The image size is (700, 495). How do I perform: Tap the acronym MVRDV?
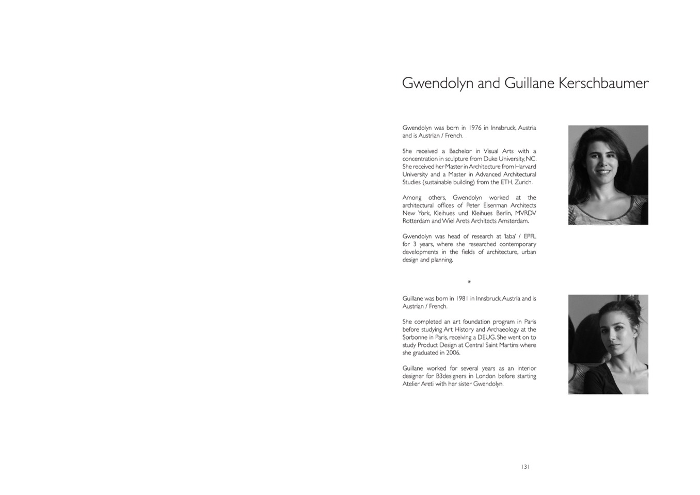click(526, 213)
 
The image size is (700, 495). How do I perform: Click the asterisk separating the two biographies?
click(469, 282)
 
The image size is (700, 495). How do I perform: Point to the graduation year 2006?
click(453, 353)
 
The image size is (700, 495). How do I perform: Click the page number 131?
click(525, 467)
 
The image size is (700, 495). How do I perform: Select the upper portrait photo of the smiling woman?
click(608, 175)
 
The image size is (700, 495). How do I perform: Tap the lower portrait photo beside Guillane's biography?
click(608, 344)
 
